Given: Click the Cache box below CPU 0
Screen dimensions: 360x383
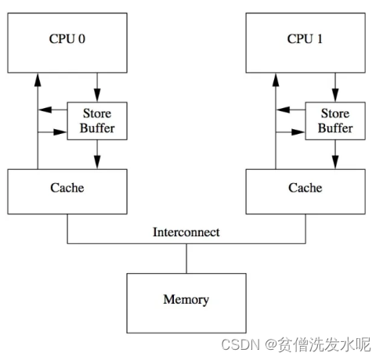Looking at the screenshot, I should (67, 188).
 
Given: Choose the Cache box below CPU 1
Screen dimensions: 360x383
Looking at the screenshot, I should (305, 188).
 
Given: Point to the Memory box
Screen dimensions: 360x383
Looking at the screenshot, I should (186, 298).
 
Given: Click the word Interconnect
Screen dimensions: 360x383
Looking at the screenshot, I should (186, 232).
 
